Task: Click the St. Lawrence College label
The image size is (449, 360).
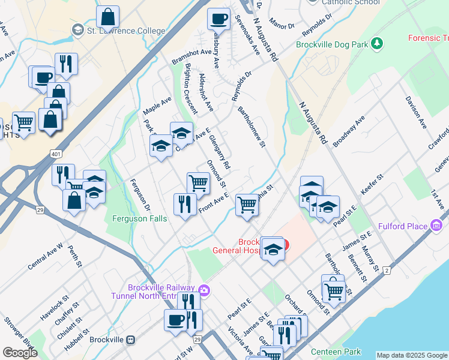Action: (x=125, y=31)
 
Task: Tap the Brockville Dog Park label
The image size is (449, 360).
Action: (x=333, y=44)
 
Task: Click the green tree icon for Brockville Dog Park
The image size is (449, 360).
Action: (x=377, y=43)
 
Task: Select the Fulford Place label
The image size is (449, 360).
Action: (x=403, y=226)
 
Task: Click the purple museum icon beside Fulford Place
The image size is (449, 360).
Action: (x=436, y=226)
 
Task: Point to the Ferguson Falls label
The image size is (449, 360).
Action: (x=139, y=218)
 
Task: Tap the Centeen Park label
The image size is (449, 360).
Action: (x=336, y=351)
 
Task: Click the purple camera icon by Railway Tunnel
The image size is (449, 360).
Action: (x=205, y=290)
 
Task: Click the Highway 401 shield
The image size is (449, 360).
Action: (x=56, y=154)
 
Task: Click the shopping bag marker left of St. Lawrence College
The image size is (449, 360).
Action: (x=107, y=16)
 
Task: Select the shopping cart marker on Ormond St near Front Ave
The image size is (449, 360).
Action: (x=198, y=182)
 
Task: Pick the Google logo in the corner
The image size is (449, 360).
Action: (x=20, y=353)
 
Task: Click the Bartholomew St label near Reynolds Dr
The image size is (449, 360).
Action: (x=252, y=127)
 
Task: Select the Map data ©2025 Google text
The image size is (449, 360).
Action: (x=412, y=355)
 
